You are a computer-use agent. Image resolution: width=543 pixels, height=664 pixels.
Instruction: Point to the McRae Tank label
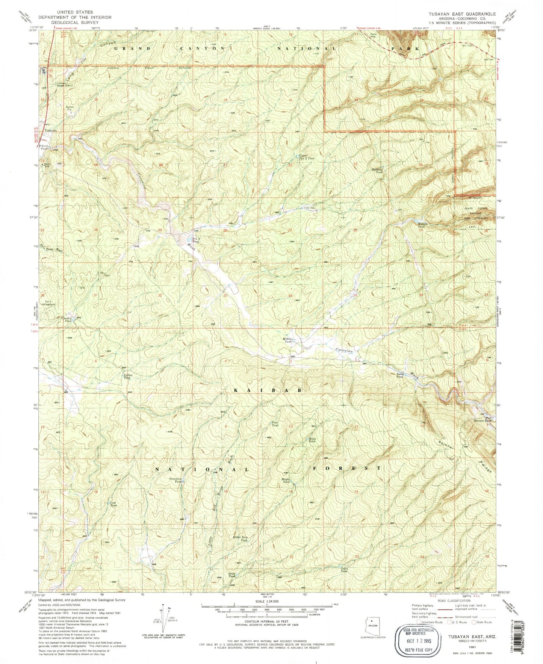point(288,340)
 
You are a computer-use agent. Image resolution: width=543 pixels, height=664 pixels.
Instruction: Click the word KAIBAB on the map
point(268,390)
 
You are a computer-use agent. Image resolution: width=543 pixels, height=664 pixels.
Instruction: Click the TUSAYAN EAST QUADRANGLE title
point(462,14)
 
